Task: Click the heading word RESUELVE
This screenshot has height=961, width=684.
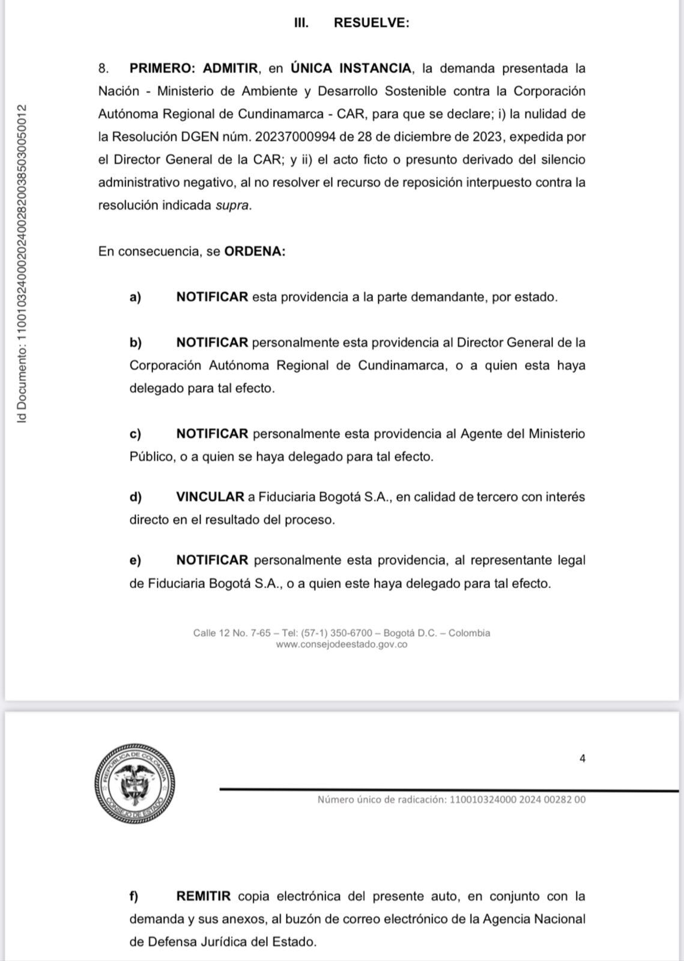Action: (x=371, y=23)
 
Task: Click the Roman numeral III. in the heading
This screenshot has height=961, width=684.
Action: (x=301, y=23)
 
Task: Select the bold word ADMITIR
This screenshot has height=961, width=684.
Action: (x=231, y=68)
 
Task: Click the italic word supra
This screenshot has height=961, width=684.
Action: (x=232, y=205)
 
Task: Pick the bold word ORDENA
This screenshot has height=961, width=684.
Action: (x=253, y=251)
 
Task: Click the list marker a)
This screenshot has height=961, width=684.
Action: (x=135, y=297)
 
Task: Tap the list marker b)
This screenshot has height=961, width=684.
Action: (x=135, y=342)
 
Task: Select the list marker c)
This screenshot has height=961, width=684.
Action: (x=135, y=434)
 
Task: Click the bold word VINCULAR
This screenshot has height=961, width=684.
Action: (x=210, y=497)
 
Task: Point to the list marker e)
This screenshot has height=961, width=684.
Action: (x=135, y=560)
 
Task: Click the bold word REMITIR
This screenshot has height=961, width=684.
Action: (x=204, y=896)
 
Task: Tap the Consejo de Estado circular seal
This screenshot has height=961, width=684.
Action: (x=135, y=784)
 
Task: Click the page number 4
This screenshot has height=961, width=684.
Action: (x=582, y=759)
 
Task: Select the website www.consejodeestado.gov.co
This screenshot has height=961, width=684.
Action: (x=342, y=644)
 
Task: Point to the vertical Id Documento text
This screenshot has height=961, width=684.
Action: (x=22, y=264)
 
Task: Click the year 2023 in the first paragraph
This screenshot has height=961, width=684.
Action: (x=487, y=137)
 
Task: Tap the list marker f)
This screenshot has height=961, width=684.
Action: (x=134, y=896)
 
